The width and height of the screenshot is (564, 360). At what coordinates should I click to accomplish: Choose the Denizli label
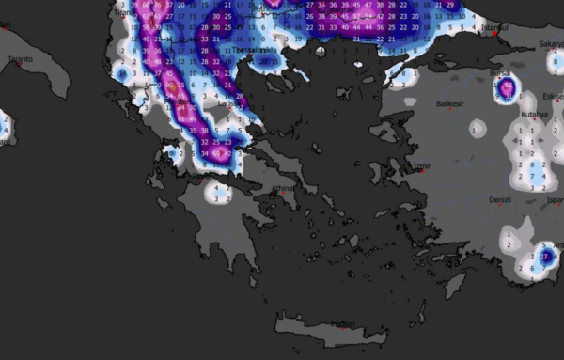(x=500, y=199)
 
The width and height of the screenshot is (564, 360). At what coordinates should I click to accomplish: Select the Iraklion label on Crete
(x=343, y=324)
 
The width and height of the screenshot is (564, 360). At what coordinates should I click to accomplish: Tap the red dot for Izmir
(x=415, y=171)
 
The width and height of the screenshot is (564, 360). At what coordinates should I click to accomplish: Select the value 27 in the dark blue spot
(x=545, y=256)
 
